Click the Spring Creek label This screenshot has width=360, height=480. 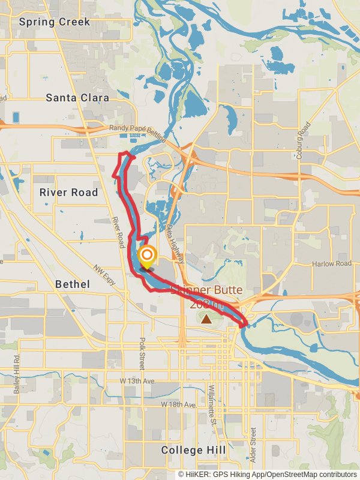(x=54, y=22)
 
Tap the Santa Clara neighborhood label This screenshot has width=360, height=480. (x=77, y=97)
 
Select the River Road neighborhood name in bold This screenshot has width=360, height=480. (x=68, y=193)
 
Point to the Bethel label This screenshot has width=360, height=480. (x=72, y=284)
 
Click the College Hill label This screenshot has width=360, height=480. (x=194, y=450)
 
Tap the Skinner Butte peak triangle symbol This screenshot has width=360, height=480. (x=206, y=319)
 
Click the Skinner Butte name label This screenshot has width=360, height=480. (x=206, y=290)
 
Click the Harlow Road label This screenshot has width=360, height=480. (x=331, y=263)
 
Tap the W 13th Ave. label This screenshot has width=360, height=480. (x=137, y=381)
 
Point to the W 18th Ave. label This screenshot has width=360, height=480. (x=178, y=405)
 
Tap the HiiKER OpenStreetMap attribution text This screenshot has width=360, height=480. (x=267, y=474)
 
